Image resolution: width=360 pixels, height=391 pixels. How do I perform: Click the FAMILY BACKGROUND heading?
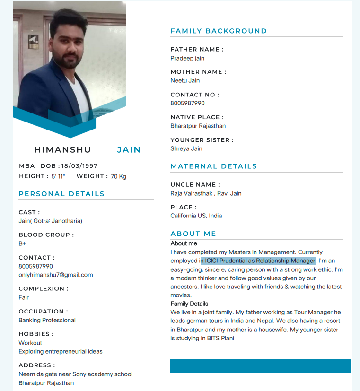click(x=219, y=31)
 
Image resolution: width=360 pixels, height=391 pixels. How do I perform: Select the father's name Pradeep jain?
click(x=187, y=58)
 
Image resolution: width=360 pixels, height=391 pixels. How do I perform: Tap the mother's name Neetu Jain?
click(x=185, y=80)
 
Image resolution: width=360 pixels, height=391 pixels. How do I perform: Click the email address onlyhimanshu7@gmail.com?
click(x=55, y=275)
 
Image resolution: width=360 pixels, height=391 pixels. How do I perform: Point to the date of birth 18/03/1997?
click(x=79, y=166)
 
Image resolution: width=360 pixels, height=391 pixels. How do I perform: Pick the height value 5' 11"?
click(x=58, y=176)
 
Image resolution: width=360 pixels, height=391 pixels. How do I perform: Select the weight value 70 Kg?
click(x=119, y=176)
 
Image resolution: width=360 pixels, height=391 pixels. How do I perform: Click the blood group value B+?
click(x=22, y=243)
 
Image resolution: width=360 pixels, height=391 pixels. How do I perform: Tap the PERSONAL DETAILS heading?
click(x=61, y=194)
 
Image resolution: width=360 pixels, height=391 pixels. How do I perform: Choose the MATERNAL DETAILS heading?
click(x=214, y=166)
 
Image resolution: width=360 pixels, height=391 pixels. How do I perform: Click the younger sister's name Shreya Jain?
click(x=186, y=148)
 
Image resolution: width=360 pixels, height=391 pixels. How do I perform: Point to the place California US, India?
click(x=196, y=216)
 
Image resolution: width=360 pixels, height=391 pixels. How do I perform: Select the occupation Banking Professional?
click(x=47, y=320)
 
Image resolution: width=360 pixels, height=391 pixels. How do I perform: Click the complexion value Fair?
click(x=24, y=297)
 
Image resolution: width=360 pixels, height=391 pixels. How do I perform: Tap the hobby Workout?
click(x=30, y=343)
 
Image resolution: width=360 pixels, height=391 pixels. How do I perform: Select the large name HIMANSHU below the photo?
click(x=62, y=150)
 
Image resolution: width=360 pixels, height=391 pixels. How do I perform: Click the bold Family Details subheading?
click(x=189, y=304)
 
